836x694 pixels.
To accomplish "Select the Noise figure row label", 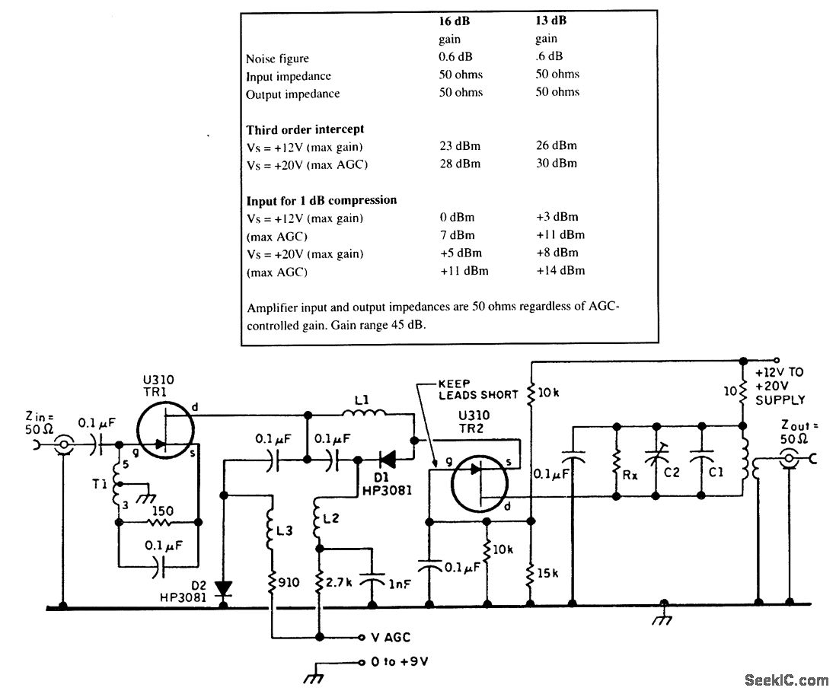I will (x=277, y=59).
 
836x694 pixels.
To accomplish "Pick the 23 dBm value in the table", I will (x=460, y=145).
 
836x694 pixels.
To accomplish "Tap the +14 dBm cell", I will (x=560, y=271).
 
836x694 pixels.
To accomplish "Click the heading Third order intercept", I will (x=305, y=129).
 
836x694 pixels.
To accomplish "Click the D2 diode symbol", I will (x=224, y=588).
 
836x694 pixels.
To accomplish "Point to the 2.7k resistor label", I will (x=340, y=584).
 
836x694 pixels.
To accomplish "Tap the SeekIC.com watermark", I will (x=787, y=680).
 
